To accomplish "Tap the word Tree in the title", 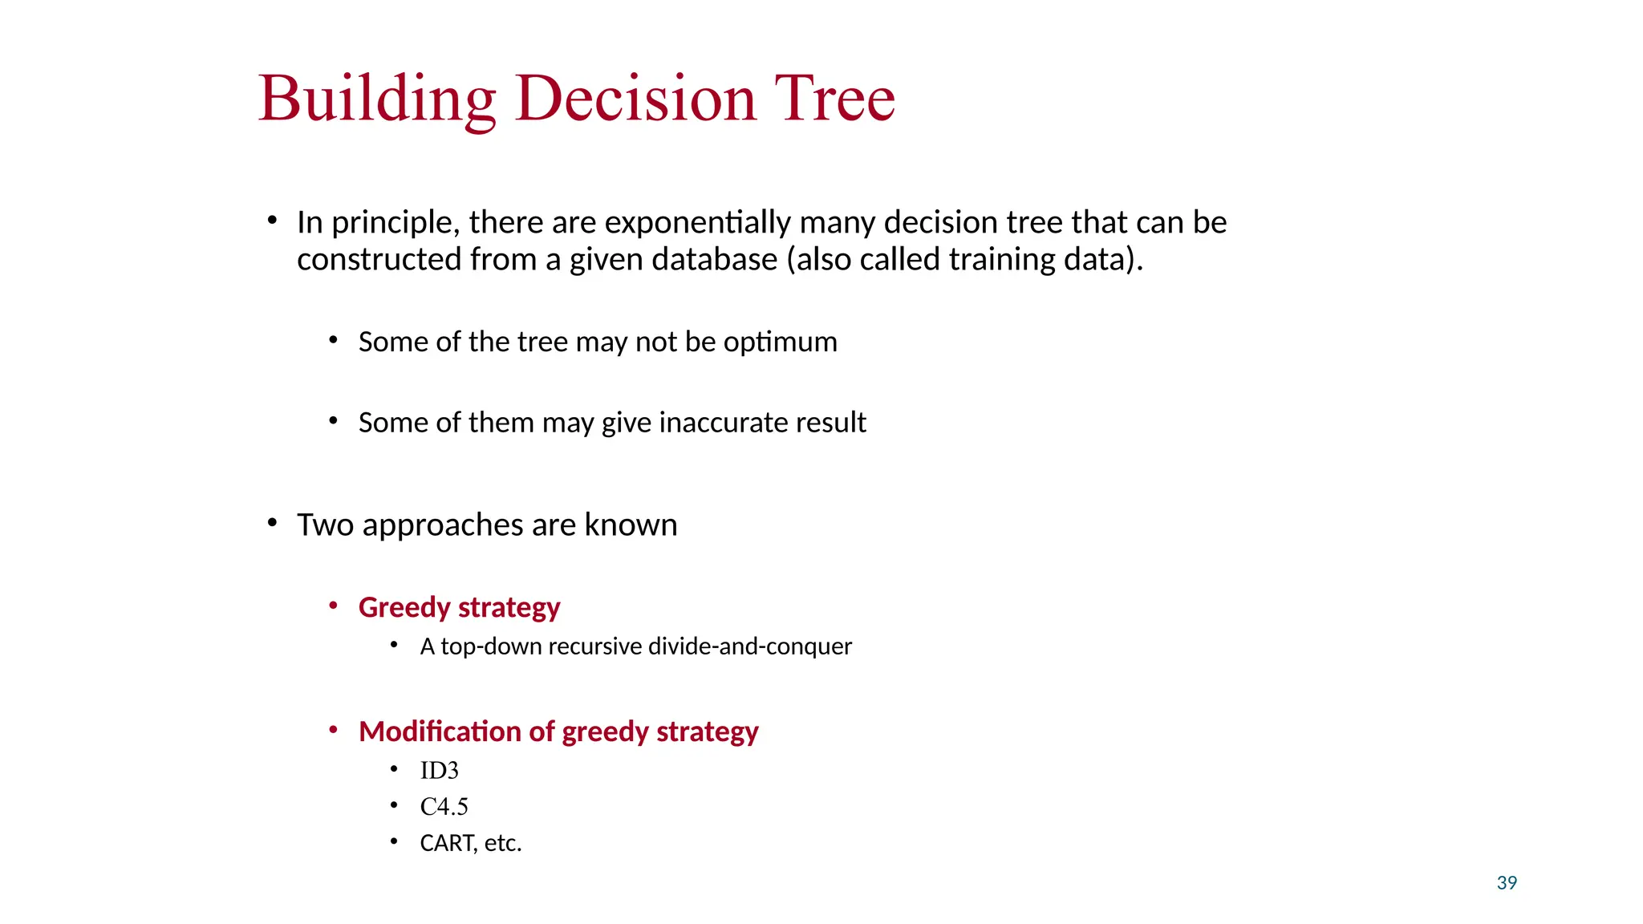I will (x=834, y=99).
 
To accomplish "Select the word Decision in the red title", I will (x=636, y=99).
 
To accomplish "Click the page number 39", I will (x=1507, y=883).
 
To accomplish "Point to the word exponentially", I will (x=697, y=222).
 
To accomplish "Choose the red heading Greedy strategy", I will (x=459, y=607).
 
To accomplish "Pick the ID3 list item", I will (x=439, y=771).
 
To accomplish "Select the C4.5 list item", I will (x=444, y=807).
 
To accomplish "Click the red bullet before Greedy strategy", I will (x=333, y=606).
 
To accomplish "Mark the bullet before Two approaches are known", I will (x=272, y=524).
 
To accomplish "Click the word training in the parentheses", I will (x=1001, y=259).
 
